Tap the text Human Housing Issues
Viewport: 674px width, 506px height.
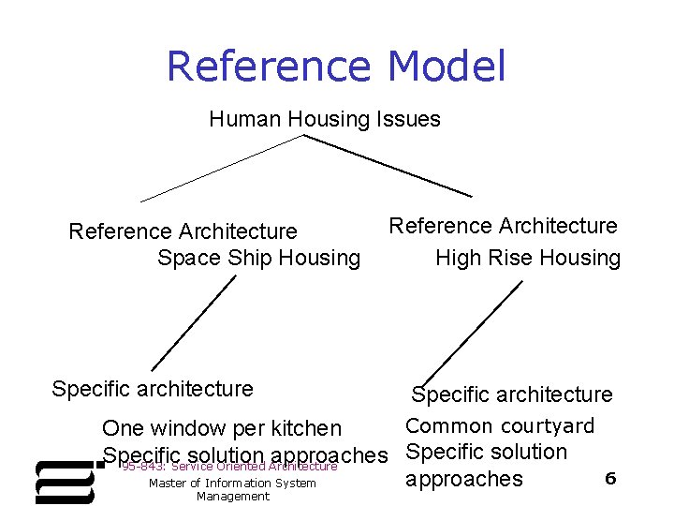pyautogui.click(x=325, y=119)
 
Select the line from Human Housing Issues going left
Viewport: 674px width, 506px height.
pyautogui.click(x=222, y=169)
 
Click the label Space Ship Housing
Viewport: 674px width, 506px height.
pyautogui.click(x=258, y=258)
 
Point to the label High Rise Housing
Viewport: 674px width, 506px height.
pyautogui.click(x=528, y=258)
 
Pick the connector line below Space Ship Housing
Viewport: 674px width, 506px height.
pyautogui.click(x=194, y=323)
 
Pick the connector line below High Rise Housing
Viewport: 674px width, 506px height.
pyautogui.click(x=473, y=333)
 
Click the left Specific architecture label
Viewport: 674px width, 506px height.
pyautogui.click(x=153, y=388)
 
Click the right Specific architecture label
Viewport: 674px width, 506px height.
pyautogui.click(x=512, y=395)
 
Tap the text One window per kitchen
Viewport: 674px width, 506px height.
pyautogui.click(x=222, y=428)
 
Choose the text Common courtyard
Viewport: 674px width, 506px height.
pyautogui.click(x=500, y=426)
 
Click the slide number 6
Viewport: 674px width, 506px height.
pyautogui.click(x=610, y=479)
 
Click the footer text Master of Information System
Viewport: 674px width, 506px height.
pyautogui.click(x=232, y=484)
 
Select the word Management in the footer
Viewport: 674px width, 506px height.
pyautogui.click(x=232, y=497)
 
